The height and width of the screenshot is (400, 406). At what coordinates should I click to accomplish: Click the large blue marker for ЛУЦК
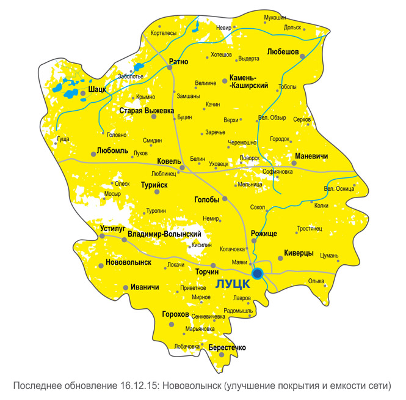[x=258, y=273]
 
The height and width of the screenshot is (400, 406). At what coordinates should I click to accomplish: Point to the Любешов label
[x=283, y=53]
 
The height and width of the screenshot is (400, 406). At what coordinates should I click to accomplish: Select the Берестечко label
[x=227, y=347]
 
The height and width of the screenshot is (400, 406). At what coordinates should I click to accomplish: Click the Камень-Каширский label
[x=248, y=82]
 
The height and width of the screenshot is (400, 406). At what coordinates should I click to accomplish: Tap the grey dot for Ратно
[x=170, y=68]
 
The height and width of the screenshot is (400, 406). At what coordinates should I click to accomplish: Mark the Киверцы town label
[x=299, y=253]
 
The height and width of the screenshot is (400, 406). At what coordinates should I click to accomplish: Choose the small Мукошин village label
[x=275, y=17]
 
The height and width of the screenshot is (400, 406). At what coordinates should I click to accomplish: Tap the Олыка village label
[x=316, y=281]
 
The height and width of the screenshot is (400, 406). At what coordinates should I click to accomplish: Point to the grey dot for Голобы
[x=225, y=199]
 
